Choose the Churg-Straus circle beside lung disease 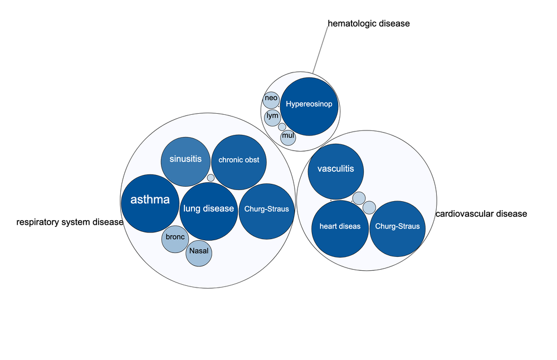pyautogui.click(x=267, y=211)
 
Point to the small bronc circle pyautogui.click(x=175, y=239)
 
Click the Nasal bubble pyautogui.click(x=199, y=253)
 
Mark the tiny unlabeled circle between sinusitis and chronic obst pyautogui.click(x=211, y=178)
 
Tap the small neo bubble pyautogui.click(x=271, y=99)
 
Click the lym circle pyautogui.click(x=272, y=117)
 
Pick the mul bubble pyautogui.click(x=288, y=137)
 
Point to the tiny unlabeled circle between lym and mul pyautogui.click(x=282, y=127)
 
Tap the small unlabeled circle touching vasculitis pyautogui.click(x=359, y=198)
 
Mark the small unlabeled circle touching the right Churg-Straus pyautogui.click(x=369, y=208)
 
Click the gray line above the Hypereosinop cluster pyautogui.click(x=320, y=50)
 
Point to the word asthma pyautogui.click(x=150, y=200)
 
